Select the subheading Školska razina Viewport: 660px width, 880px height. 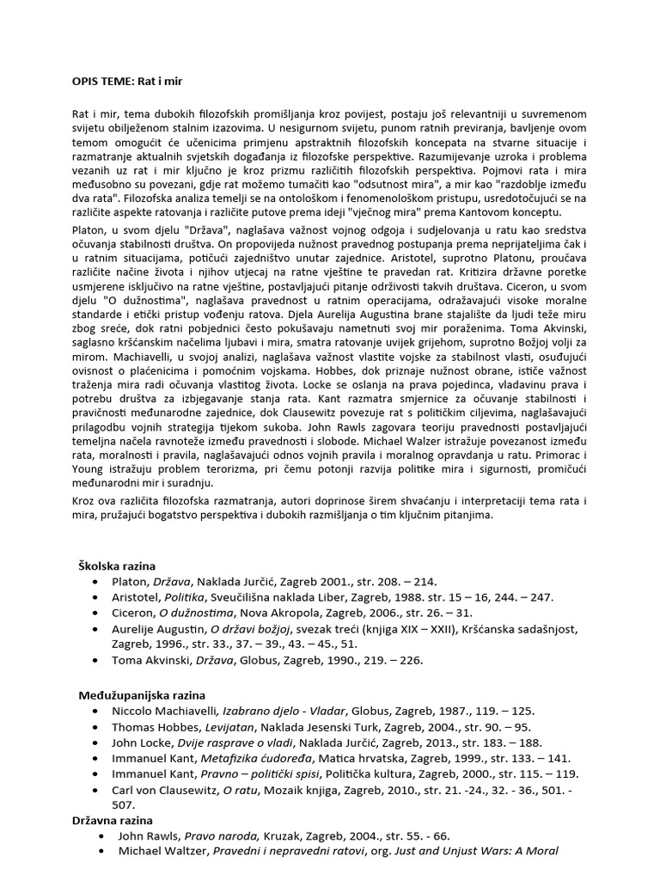[x=118, y=565]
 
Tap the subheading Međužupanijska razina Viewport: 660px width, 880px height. [x=143, y=694]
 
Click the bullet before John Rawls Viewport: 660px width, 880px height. [x=104, y=836]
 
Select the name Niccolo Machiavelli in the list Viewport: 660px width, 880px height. [x=163, y=711]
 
